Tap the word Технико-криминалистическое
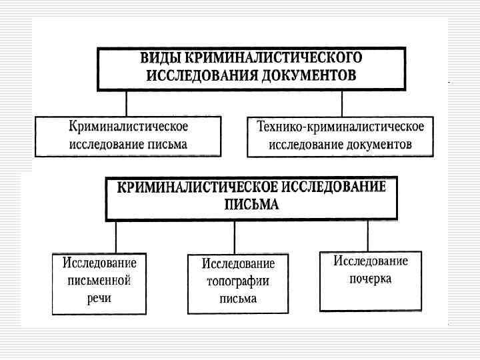tap(341, 127)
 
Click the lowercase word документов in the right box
tap(378, 144)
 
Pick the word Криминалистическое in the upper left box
tap(128, 127)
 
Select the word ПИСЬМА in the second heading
tap(251, 205)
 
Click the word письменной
tap(99, 280)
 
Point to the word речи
tap(99, 298)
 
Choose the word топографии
tap(238, 281)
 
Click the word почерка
tap(371, 279)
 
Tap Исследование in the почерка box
tap(371, 261)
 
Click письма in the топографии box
tap(238, 299)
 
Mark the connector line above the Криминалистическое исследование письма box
tap(126, 104)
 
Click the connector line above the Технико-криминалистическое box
tap(342, 104)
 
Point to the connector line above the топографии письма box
tap(234, 237)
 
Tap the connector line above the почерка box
tap(368, 235)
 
